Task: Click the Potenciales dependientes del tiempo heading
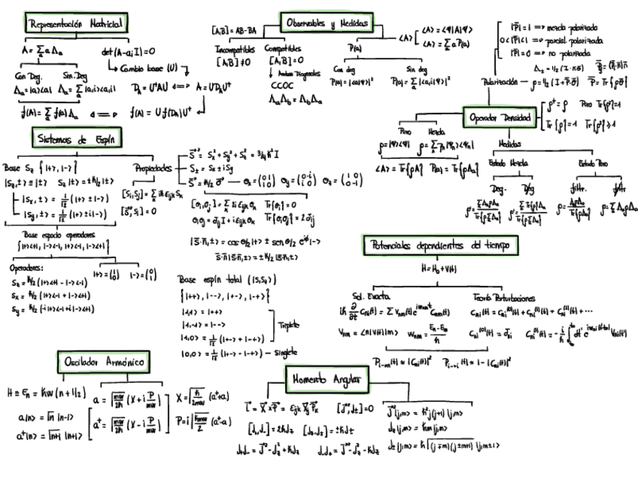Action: click(439, 245)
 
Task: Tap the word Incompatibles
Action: click(231, 48)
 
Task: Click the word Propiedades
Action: click(153, 169)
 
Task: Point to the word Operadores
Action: click(27, 266)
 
